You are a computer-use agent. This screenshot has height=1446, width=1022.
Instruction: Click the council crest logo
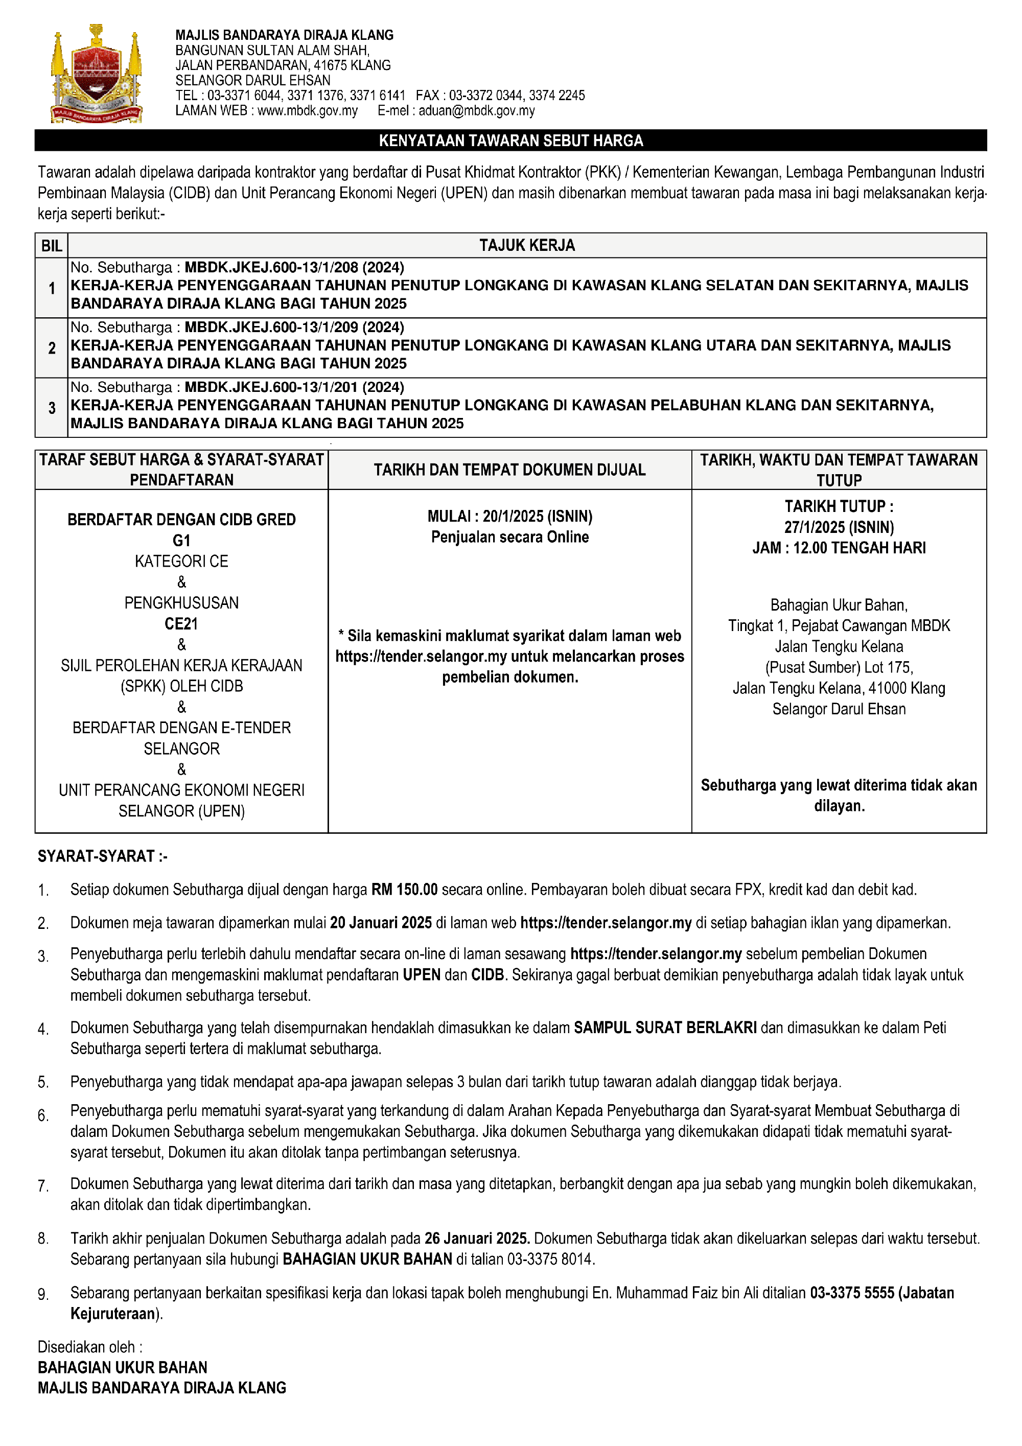tap(97, 74)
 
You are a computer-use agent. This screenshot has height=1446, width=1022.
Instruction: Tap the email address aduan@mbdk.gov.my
tap(476, 111)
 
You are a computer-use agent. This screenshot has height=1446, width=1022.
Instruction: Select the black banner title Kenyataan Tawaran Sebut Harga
tap(510, 141)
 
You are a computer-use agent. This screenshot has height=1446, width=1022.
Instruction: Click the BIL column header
tap(52, 246)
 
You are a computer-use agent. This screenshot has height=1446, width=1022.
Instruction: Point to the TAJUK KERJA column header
tap(527, 246)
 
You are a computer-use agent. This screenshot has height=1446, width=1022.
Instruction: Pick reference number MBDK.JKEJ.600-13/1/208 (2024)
tap(294, 268)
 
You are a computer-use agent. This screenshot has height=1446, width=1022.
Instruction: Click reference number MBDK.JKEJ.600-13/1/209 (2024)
tap(294, 328)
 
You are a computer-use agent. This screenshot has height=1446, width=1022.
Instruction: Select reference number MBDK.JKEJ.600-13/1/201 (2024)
tap(294, 387)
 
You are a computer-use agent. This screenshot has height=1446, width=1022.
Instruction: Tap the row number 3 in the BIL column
tap(52, 408)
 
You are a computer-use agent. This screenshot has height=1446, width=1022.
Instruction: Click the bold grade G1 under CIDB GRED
tap(181, 541)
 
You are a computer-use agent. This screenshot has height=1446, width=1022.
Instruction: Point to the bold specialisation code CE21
tap(181, 623)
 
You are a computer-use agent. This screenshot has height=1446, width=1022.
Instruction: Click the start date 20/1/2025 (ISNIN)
tap(537, 517)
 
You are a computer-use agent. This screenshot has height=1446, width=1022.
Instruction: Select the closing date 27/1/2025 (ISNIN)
tap(839, 527)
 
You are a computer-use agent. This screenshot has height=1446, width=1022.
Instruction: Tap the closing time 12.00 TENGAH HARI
tap(859, 548)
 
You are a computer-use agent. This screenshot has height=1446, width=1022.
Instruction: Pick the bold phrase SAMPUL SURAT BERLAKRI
tap(665, 1028)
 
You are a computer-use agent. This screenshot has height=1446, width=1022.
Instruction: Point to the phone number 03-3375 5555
tap(852, 1293)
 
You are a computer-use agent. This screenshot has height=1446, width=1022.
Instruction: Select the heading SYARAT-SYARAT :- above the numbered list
tap(103, 856)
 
